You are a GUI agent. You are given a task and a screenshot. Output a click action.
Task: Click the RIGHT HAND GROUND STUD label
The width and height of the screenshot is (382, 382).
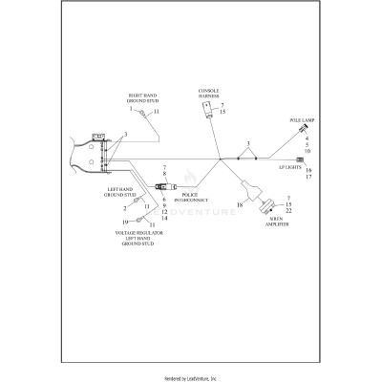[x=143, y=98]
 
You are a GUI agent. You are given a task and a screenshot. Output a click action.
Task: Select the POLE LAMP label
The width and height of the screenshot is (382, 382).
[x=302, y=121]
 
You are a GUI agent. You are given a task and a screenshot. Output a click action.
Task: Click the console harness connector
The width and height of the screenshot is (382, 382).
[x=204, y=112]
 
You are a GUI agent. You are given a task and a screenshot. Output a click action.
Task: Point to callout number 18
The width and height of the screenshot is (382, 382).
[x=240, y=205]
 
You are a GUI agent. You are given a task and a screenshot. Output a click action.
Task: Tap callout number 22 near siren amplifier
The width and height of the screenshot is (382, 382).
[x=288, y=211]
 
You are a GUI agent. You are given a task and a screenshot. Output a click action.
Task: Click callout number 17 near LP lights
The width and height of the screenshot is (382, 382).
[x=308, y=178]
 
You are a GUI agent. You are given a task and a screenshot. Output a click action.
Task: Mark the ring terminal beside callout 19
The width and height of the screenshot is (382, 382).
[x=139, y=223]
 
